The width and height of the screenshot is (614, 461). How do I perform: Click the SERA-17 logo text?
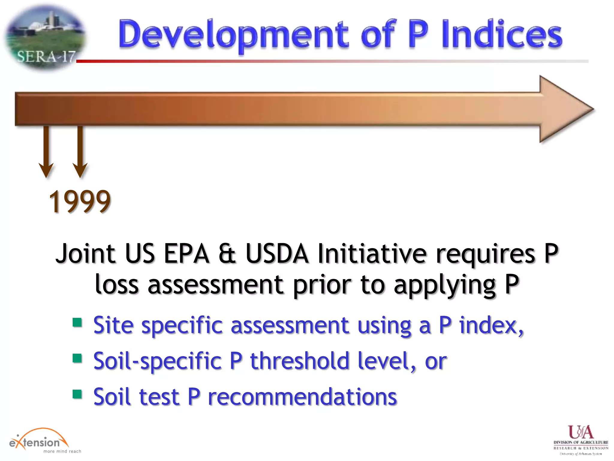[46, 56]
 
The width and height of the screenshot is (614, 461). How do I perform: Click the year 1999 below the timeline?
[80, 201]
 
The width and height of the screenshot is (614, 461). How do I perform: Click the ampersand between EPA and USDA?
[227, 254]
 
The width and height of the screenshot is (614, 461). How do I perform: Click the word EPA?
[186, 254]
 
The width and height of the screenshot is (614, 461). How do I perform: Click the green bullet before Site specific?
[77, 323]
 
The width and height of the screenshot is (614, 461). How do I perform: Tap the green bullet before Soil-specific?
[77, 358]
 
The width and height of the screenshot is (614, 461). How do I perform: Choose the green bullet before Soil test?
[77, 394]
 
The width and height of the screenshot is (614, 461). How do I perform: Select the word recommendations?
[302, 397]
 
